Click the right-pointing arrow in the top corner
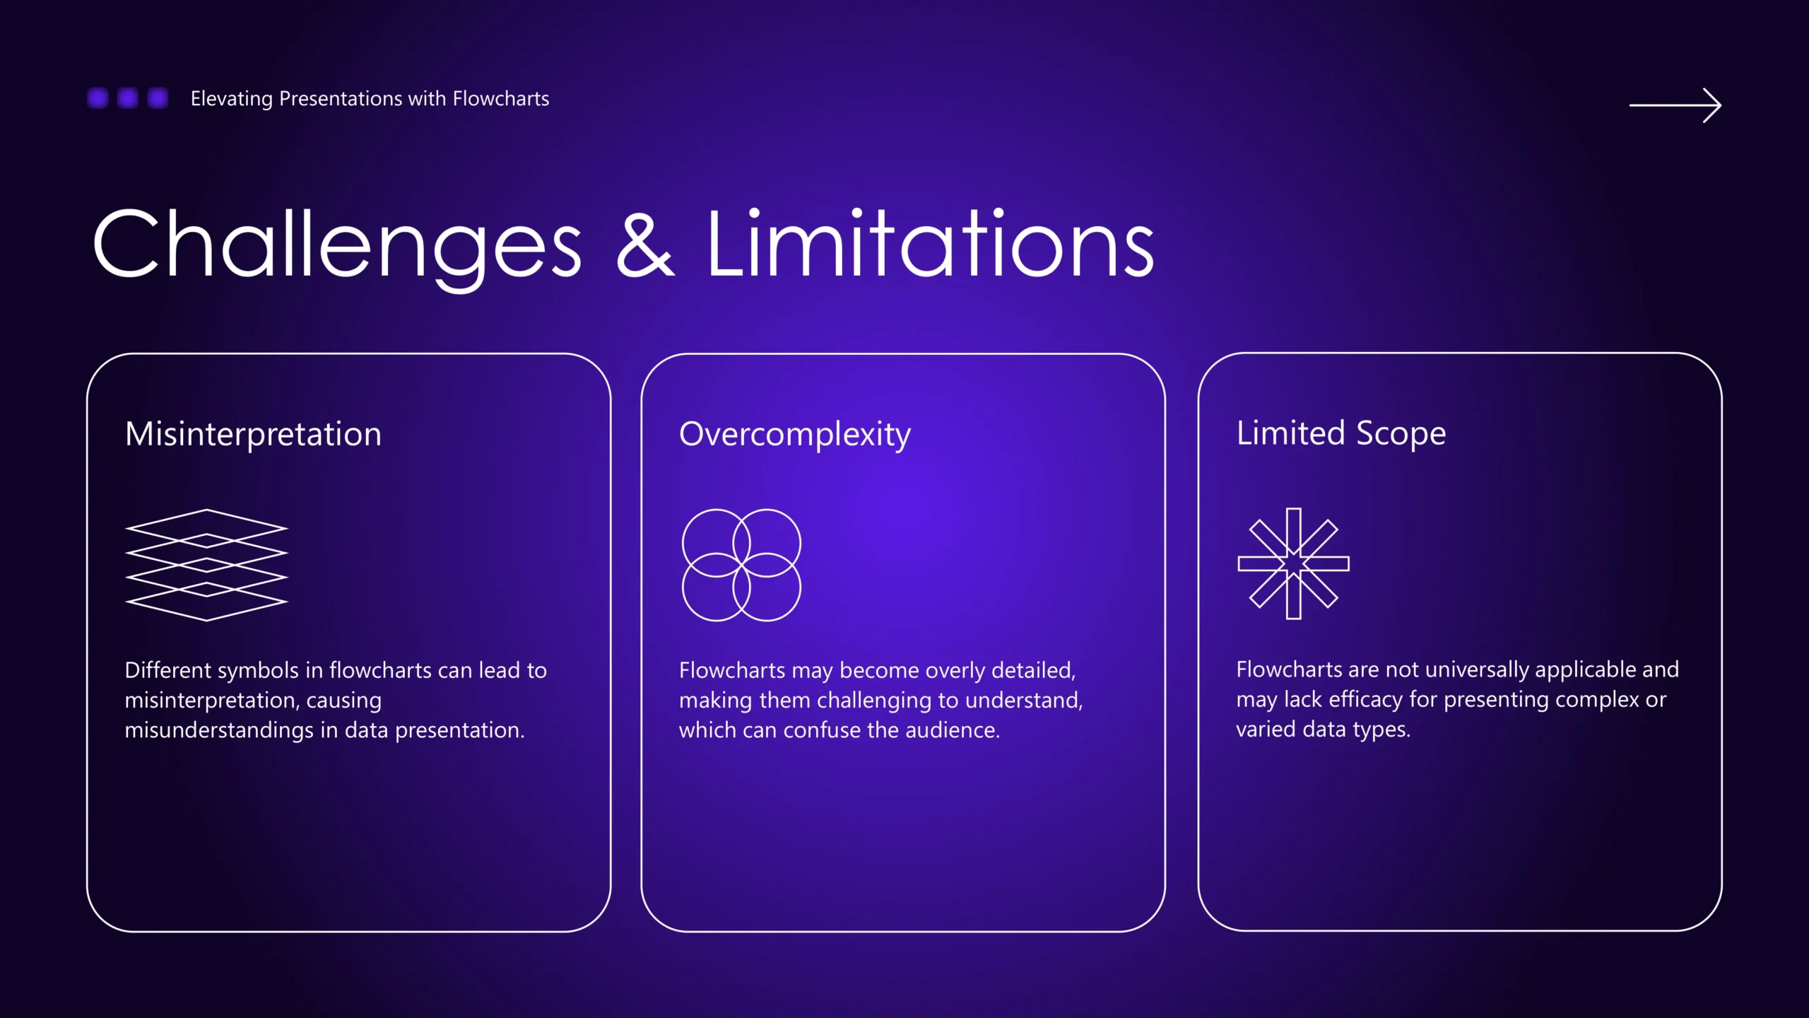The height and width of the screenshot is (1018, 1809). [x=1675, y=105]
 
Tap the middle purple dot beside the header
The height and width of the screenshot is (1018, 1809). [x=128, y=98]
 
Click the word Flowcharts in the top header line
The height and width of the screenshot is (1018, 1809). [x=501, y=98]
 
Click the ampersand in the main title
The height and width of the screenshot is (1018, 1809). [x=645, y=244]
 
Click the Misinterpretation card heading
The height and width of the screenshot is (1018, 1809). [x=253, y=433]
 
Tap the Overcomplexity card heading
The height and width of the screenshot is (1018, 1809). [x=795, y=434]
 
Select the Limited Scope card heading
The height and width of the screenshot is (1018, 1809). [x=1341, y=433]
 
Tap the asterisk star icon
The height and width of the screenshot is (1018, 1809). [x=1293, y=563]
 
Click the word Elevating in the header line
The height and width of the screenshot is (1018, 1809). [x=232, y=99]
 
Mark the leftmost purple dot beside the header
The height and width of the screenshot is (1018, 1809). [x=98, y=98]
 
